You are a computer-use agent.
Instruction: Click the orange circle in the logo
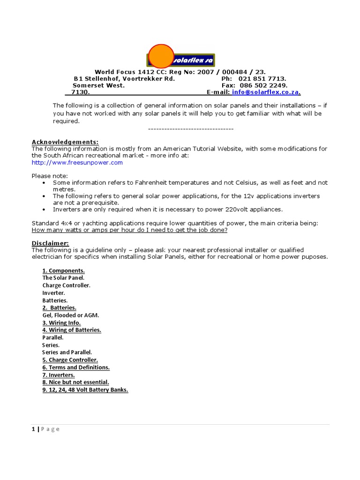click(x=161, y=56)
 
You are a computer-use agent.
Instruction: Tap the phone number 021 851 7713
click(x=262, y=79)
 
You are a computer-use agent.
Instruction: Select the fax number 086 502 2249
click(x=263, y=86)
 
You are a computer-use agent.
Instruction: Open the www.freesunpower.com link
click(x=77, y=163)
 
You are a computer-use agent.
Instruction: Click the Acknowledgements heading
click(x=65, y=142)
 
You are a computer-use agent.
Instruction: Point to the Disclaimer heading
click(x=50, y=243)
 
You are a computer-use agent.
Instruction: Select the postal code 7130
click(x=80, y=93)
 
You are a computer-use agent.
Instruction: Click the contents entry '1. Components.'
click(x=63, y=270)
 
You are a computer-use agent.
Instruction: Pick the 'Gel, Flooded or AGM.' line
click(x=71, y=315)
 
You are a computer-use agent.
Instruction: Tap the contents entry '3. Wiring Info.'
click(x=61, y=323)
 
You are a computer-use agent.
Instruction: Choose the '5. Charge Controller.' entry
click(x=70, y=360)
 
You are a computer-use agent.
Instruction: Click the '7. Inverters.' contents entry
click(x=59, y=375)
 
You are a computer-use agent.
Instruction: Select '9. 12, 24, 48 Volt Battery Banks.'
click(x=85, y=390)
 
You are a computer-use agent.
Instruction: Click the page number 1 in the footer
click(x=33, y=429)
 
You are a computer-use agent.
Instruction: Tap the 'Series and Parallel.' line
click(x=67, y=352)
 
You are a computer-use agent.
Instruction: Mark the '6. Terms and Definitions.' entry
click(x=76, y=367)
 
